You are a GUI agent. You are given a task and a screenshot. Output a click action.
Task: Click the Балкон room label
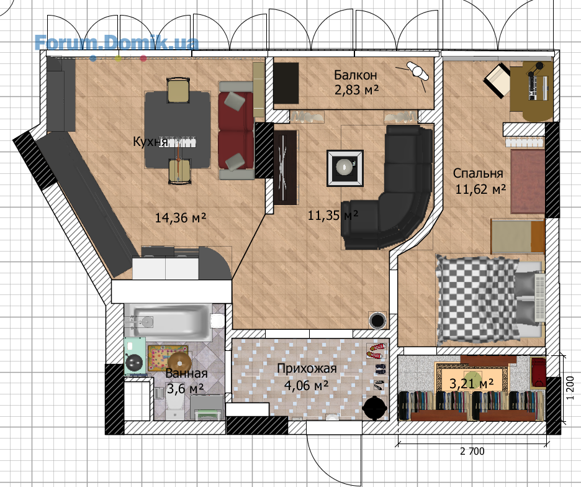tap(355, 75)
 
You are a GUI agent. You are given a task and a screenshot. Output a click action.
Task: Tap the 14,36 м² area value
tap(181, 217)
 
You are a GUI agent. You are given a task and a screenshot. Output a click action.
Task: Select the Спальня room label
tap(478, 173)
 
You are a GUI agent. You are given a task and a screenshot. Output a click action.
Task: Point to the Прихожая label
tap(307, 368)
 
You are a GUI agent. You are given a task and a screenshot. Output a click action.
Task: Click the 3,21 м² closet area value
tap(471, 383)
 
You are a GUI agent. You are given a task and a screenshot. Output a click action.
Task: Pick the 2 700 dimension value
tap(472, 452)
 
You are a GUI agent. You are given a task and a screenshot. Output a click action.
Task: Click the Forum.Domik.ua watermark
tap(116, 43)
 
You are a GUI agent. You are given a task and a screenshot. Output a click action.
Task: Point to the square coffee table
tap(345, 168)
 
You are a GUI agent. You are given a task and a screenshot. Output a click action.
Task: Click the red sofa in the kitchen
tap(236, 130)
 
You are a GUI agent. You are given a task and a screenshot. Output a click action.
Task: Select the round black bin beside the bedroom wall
tap(378, 320)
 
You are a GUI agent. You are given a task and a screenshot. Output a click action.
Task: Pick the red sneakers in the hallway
tap(376, 350)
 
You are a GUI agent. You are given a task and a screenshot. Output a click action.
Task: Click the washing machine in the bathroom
tap(133, 357)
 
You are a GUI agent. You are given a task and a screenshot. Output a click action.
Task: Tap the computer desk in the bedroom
tap(531, 90)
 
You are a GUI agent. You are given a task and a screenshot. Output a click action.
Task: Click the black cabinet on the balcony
tap(286, 83)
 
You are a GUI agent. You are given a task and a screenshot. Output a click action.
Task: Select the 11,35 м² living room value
tap(333, 215)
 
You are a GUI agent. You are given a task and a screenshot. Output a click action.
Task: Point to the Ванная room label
tap(186, 373)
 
